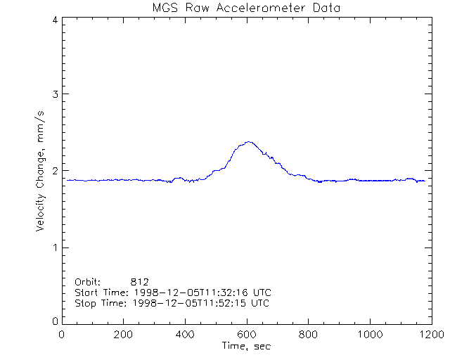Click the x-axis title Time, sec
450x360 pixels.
tap(246, 346)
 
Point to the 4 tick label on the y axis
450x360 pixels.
tap(54, 20)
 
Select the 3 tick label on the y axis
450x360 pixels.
tap(54, 94)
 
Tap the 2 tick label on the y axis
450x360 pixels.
tap(54, 171)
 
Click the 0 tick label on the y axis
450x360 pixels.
tap(54, 321)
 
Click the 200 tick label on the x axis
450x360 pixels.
tap(124, 335)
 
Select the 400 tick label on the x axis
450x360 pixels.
tap(185, 335)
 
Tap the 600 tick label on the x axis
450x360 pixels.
tap(246, 335)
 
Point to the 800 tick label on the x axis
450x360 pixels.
tap(307, 335)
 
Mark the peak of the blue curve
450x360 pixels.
tap(247, 142)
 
